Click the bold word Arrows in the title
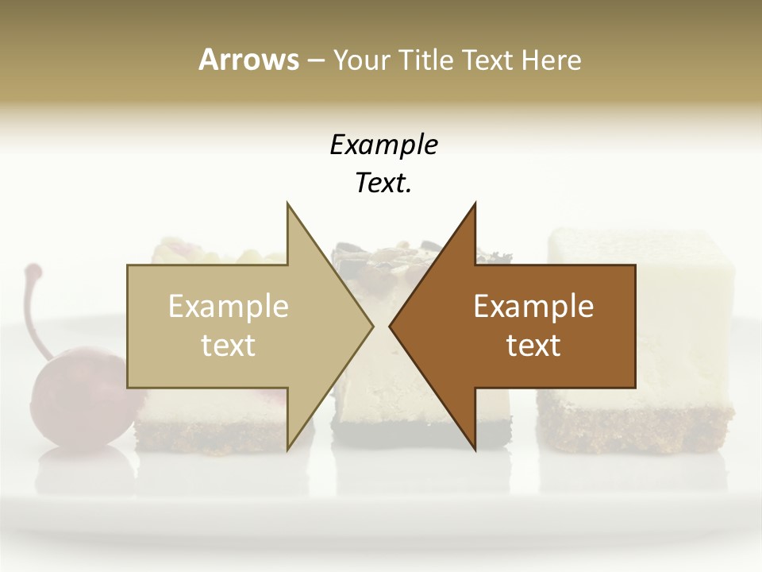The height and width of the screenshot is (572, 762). (248, 60)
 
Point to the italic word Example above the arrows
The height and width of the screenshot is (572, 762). (383, 145)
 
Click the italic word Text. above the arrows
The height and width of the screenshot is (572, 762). (383, 183)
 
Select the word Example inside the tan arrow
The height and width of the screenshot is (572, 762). (229, 306)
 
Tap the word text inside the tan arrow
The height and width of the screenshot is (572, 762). (229, 346)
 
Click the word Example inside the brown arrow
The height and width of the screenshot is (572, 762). (533, 306)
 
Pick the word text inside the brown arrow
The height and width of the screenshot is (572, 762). (533, 346)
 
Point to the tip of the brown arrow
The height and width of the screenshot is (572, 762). (391, 326)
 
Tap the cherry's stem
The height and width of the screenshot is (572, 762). (33, 310)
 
